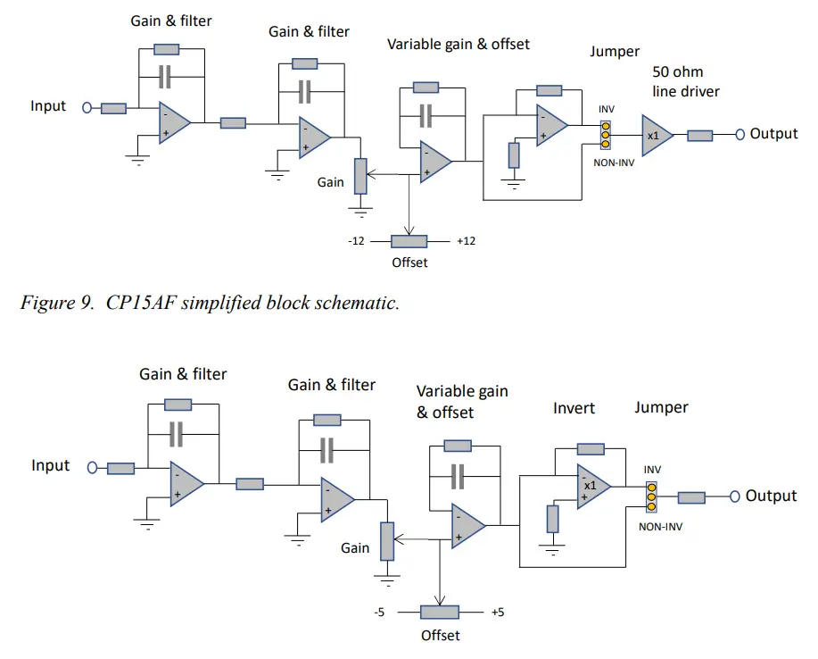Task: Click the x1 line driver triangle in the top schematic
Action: (656, 135)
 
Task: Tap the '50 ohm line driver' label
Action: (684, 81)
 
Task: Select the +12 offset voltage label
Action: (466, 241)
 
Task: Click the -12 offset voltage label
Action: (356, 241)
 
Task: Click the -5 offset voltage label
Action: (380, 613)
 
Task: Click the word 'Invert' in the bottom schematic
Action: (574, 408)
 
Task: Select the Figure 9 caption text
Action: (210, 302)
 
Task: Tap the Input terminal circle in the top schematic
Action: (87, 108)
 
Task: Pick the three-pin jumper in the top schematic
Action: (605, 134)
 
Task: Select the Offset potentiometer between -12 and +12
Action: (410, 241)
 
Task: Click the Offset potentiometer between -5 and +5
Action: (439, 613)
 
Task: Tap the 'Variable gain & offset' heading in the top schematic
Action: (458, 44)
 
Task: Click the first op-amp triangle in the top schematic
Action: (173, 121)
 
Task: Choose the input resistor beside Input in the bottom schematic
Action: (120, 468)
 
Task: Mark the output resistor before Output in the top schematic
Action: (699, 135)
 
